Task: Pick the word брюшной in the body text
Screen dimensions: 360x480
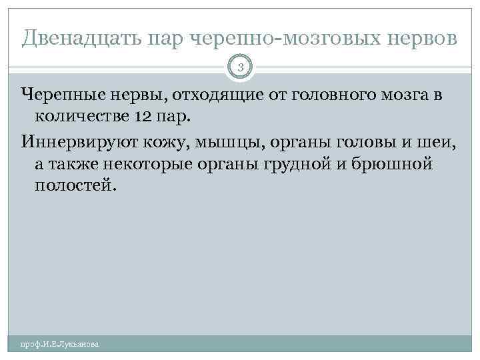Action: (x=395, y=164)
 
